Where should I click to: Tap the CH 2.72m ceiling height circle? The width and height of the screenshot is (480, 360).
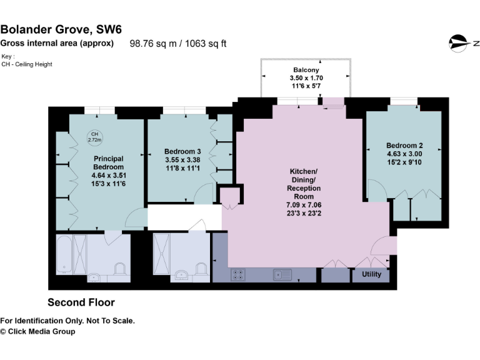coord(94,137)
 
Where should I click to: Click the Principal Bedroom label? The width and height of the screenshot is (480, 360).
coord(108,162)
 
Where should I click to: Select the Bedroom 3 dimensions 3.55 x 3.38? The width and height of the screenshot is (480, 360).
coord(182,159)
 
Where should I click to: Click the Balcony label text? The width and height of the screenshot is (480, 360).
coord(304,69)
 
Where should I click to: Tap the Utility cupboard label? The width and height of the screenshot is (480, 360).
coord(371,274)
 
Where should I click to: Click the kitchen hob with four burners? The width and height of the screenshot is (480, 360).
coord(238,274)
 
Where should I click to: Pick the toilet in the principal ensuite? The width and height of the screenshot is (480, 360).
coord(121,268)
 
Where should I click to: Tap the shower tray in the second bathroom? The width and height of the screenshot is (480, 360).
coord(165,250)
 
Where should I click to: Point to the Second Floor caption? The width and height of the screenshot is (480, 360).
coord(81,302)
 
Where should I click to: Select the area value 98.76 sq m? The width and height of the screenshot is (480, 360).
coord(152,44)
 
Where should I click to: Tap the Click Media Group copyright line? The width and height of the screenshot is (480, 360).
coord(37,331)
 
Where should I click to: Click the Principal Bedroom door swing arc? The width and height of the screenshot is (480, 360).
coord(134,217)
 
